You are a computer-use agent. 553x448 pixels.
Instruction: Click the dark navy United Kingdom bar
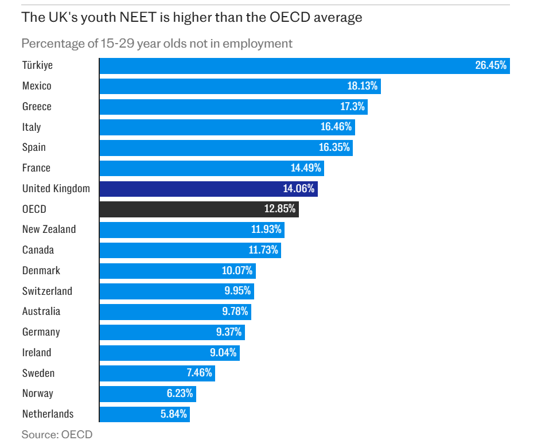pos(208,189)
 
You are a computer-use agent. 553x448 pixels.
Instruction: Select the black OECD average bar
pos(198,209)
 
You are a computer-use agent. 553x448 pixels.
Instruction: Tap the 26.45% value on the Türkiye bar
pos(490,65)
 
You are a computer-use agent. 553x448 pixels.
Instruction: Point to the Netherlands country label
pos(48,414)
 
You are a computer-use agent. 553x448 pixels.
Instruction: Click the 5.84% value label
pos(173,414)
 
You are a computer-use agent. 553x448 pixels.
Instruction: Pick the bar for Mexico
pos(239,86)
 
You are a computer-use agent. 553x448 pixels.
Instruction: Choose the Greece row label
pos(37,107)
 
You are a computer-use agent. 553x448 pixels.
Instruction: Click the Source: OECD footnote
pos(57,434)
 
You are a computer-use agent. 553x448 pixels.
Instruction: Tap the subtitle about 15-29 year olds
pos(157,44)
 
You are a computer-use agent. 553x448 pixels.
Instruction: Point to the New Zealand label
pos(49,229)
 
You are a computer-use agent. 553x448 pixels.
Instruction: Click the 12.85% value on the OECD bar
pos(280,209)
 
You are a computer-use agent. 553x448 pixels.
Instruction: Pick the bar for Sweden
pos(157,373)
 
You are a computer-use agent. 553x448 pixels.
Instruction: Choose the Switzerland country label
pos(47,291)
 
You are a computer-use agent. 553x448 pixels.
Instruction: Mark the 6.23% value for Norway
pos(179,394)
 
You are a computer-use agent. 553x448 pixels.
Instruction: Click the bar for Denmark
pos(177,271)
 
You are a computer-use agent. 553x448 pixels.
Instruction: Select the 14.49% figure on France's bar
pos(307,168)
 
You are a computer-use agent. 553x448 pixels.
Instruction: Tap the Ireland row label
pos(37,353)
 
